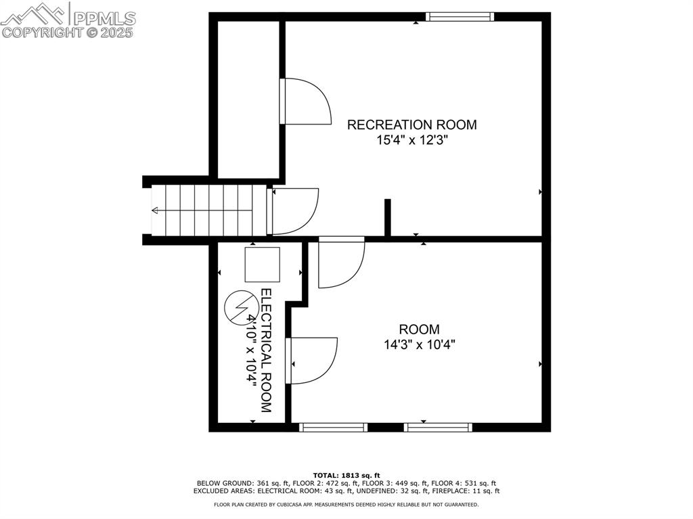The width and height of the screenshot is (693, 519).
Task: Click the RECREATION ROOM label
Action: tap(412, 125)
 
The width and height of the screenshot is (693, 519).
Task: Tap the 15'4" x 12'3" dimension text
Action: tap(412, 141)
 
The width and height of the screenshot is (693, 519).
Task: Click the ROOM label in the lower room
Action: tap(420, 330)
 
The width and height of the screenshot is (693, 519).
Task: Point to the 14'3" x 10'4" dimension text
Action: tap(420, 344)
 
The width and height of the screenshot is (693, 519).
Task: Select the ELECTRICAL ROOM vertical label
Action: tap(266, 351)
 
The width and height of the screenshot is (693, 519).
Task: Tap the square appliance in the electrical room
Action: tap(263, 265)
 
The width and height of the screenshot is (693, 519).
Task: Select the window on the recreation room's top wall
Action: tap(460, 17)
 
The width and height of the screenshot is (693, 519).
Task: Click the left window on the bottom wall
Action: tap(333, 428)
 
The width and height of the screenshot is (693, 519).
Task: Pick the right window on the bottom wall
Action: tap(438, 428)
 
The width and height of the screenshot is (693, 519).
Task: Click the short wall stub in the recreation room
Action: tap(388, 218)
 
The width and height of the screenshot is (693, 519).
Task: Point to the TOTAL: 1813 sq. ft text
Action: tap(346, 475)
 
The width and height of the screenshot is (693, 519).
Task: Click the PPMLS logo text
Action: tap(104, 18)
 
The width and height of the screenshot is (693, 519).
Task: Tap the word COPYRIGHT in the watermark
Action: tap(42, 32)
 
